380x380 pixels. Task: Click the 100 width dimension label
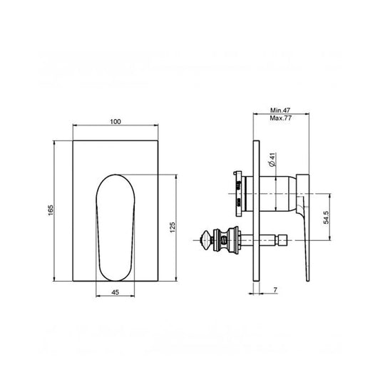115,122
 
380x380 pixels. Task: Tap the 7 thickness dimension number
274,289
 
